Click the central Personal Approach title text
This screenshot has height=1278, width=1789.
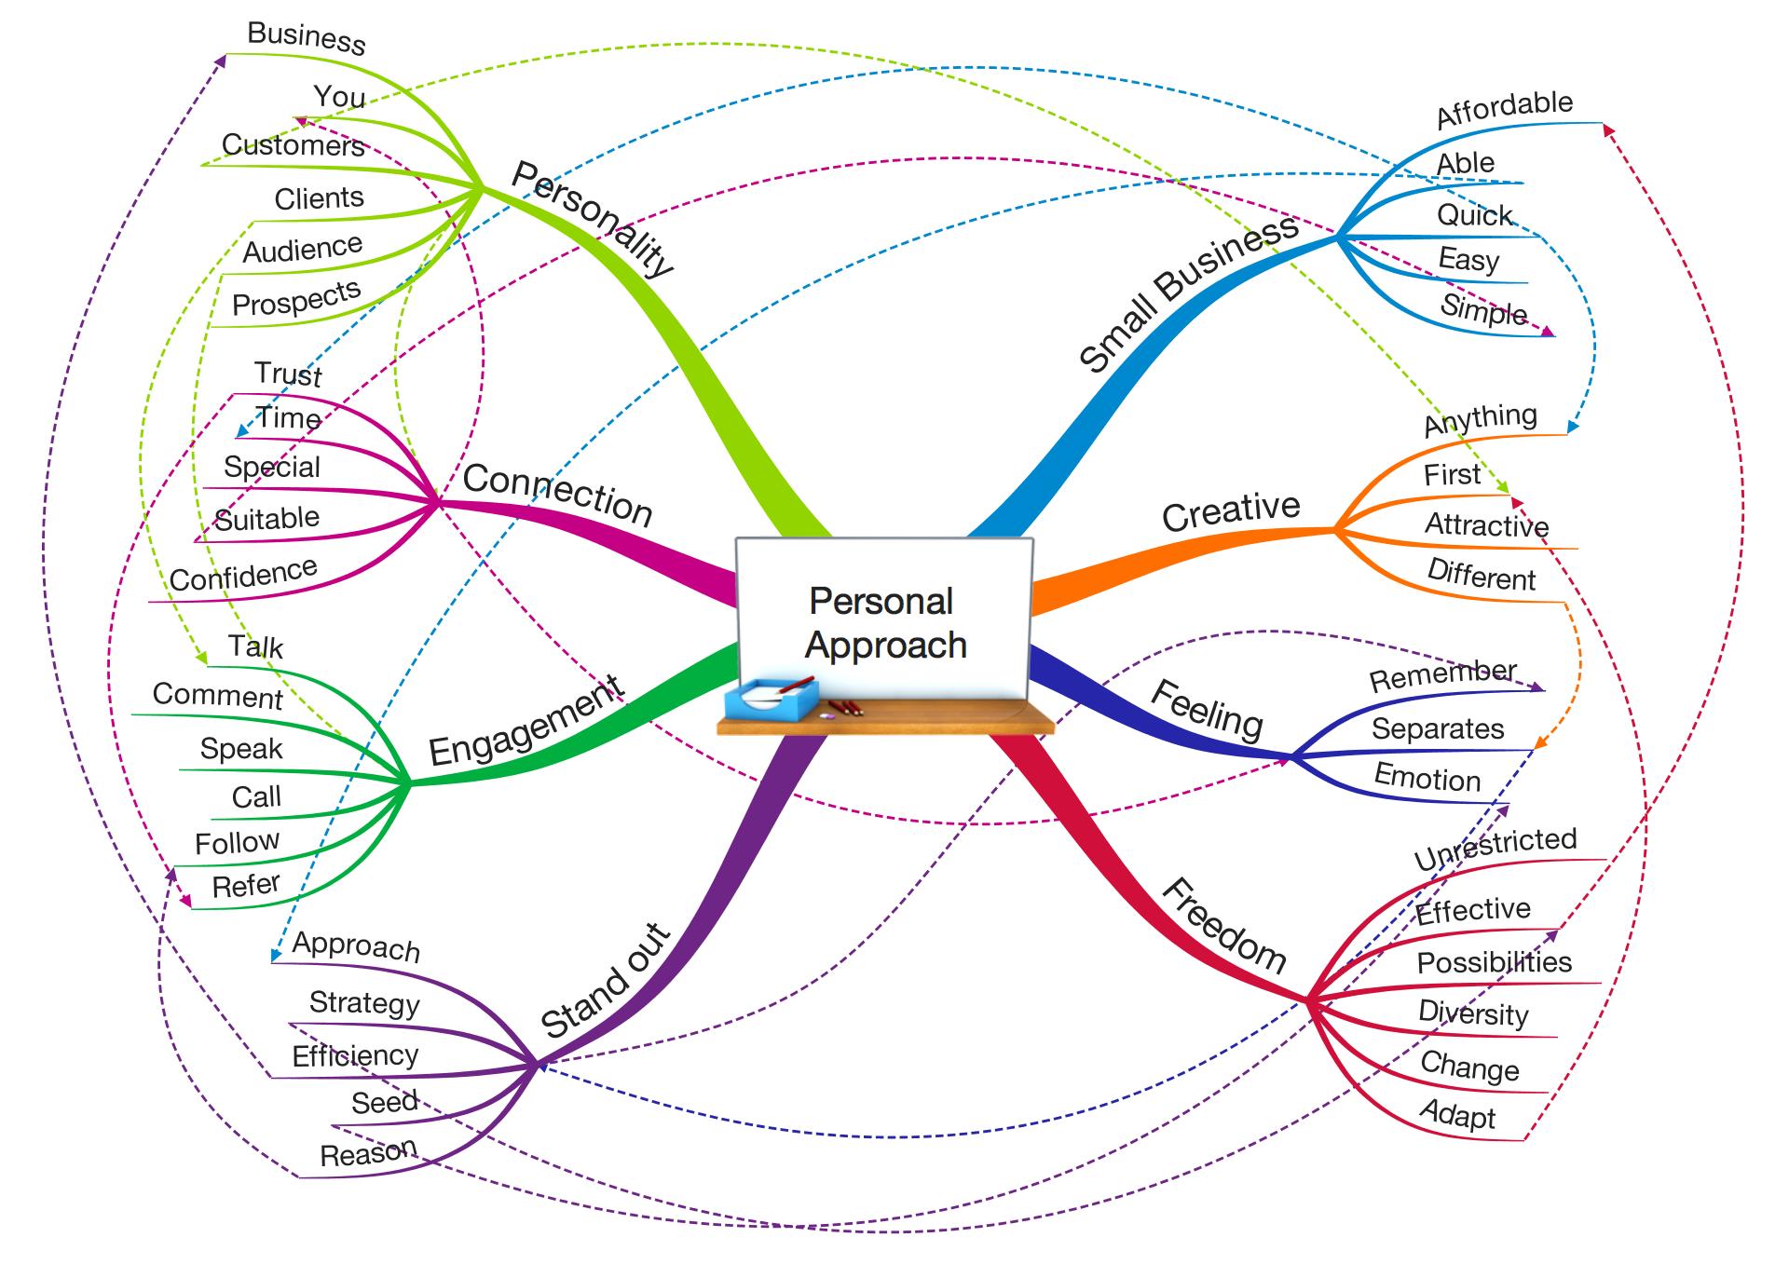coord(883,622)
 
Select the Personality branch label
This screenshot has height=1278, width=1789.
coord(593,219)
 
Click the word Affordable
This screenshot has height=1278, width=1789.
coord(1504,109)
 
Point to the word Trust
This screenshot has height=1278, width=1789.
coord(288,374)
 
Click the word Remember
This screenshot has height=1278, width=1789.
coord(1442,675)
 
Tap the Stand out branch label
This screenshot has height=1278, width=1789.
coord(606,981)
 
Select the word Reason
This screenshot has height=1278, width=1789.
coord(368,1153)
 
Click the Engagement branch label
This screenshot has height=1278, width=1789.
coord(526,722)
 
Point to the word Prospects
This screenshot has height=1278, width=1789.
coord(295,299)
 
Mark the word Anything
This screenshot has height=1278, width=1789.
coord(1480,419)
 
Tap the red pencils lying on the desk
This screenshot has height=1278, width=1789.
coord(846,707)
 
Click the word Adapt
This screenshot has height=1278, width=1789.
coord(1457,1114)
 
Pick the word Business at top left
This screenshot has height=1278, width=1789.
coord(307,37)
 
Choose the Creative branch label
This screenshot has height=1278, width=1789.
coord(1231,510)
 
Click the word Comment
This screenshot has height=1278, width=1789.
coord(217,696)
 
